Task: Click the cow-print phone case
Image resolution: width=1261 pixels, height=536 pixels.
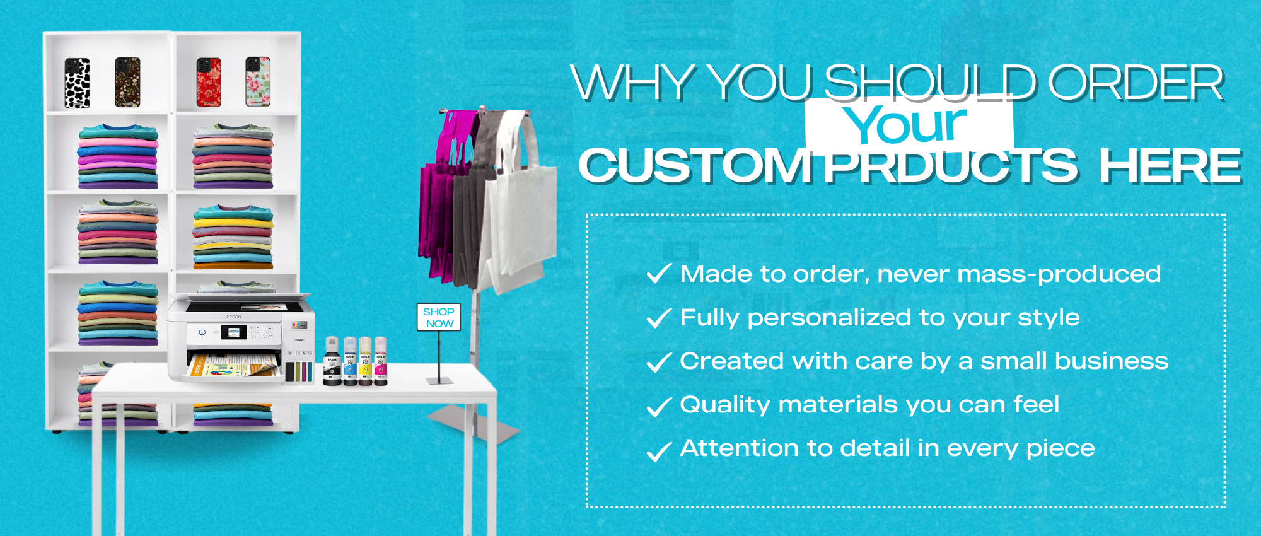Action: [x=78, y=83]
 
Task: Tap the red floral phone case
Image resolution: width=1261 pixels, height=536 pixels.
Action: [x=209, y=83]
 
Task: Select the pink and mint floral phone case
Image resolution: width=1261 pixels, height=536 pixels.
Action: [x=258, y=81]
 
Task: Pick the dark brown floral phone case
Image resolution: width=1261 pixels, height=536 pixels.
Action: [x=127, y=82]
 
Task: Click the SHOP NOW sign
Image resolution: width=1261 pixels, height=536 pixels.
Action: [x=439, y=317]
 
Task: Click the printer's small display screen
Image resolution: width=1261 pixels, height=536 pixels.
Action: [x=234, y=332]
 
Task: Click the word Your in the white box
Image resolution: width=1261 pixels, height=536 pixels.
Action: [x=905, y=124]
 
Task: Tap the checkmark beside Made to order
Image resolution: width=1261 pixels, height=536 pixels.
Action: [x=659, y=274]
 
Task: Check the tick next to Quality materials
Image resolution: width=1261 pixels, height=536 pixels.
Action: [x=659, y=407]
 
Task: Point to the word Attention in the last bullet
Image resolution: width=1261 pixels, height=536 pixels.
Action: [x=740, y=448]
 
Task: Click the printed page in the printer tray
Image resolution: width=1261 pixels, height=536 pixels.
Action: [x=233, y=366]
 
